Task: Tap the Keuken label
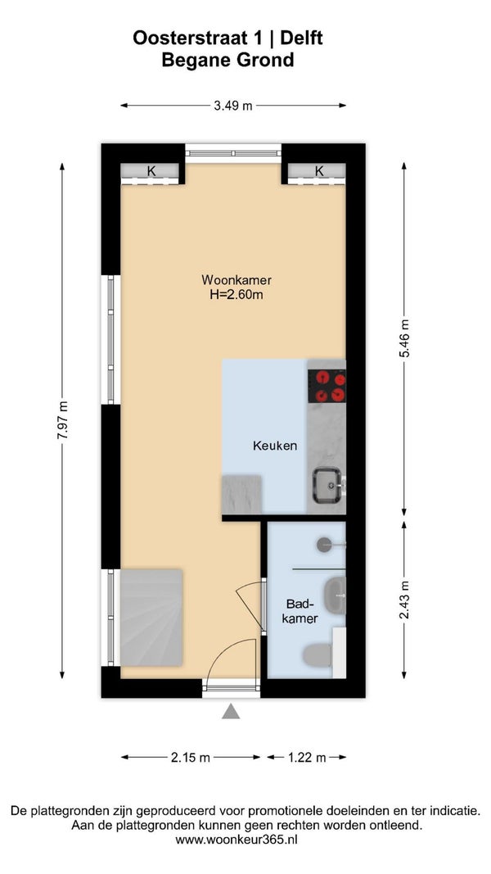274,446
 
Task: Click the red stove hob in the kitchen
327,387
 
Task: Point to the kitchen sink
327,485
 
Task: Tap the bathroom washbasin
335,595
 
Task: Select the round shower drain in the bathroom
325,545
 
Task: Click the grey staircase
151,617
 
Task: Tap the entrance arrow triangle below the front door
231,712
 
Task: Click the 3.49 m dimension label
233,106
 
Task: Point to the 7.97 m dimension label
62,420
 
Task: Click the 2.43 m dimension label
405,600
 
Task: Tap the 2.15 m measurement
191,757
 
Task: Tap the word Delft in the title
301,38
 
